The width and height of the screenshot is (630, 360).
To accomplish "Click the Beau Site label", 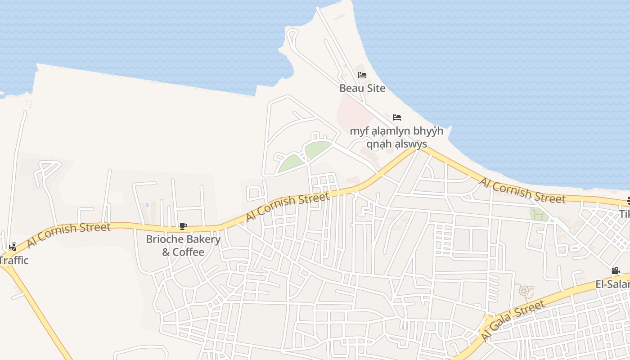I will (362, 88).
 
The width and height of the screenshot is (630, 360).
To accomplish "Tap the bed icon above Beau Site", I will (362, 75).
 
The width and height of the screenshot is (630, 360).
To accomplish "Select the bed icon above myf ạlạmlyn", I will (396, 117).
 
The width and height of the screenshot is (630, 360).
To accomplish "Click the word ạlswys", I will (410, 144).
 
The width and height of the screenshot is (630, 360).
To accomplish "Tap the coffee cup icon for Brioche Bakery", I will (183, 226).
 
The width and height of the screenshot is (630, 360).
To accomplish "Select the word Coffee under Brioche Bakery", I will (189, 252).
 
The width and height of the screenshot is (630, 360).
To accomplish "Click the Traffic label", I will (13, 260).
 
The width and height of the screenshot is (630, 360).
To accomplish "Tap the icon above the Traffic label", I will (13, 247).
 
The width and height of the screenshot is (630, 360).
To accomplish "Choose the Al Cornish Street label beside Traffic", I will (68, 234).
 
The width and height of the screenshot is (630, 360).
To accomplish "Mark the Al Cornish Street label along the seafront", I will (522, 190).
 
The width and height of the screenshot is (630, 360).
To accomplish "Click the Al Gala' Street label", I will (513, 320).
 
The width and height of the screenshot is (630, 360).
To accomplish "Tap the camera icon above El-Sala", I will (616, 271).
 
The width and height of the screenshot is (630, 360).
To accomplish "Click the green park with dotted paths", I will (539, 215).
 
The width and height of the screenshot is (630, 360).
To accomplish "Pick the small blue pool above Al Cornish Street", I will (147, 205).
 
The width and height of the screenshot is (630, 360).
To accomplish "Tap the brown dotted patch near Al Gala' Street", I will (525, 292).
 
